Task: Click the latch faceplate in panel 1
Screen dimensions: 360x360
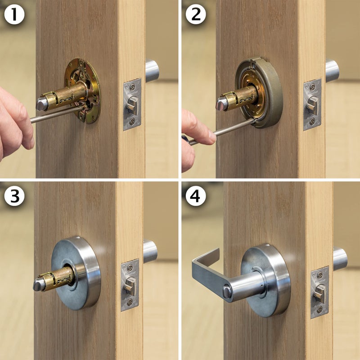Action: coord(132,104)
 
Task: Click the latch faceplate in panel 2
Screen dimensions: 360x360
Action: coord(312,104)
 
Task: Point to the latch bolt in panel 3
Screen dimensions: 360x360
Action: coord(130,285)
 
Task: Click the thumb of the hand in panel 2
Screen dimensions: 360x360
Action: coord(198,130)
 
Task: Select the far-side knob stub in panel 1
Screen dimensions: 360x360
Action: coord(152,71)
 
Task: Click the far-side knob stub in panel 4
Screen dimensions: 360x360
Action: coord(340,259)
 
